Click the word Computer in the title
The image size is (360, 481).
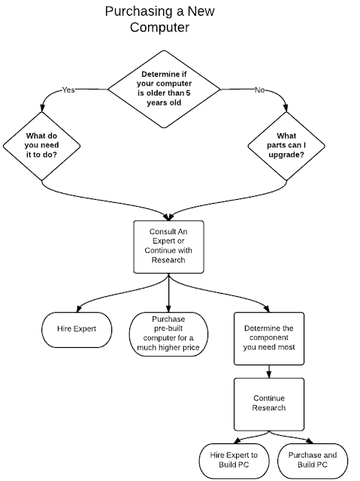[159, 27]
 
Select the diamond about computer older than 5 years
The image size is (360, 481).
[164, 89]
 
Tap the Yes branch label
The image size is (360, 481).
[68, 89]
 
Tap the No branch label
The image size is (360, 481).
[259, 90]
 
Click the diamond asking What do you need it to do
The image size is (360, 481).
[41, 146]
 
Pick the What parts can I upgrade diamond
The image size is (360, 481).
[286, 146]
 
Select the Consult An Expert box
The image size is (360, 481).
[168, 247]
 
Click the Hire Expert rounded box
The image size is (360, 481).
[77, 330]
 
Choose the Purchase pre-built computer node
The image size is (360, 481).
[168, 334]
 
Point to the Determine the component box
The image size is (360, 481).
[269, 339]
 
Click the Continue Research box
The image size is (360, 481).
[269, 404]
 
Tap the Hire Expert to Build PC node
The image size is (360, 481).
[234, 461]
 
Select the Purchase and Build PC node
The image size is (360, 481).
[313, 461]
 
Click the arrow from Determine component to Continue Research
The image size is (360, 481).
[269, 371]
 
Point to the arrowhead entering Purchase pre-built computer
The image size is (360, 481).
[168, 309]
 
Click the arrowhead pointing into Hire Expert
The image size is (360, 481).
[79, 308]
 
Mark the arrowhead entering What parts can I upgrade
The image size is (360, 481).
[286, 108]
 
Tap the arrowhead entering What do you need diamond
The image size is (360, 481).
[42, 108]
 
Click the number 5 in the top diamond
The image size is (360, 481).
[188, 93]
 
